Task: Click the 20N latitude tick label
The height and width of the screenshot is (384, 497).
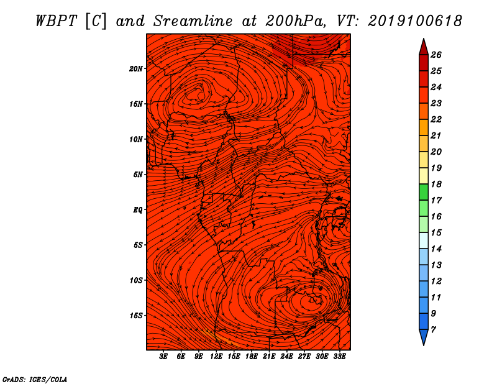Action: pyautogui.click(x=136, y=69)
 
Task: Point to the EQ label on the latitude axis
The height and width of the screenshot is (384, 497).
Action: pyautogui.click(x=137, y=210)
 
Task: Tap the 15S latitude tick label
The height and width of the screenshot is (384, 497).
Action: pyautogui.click(x=136, y=316)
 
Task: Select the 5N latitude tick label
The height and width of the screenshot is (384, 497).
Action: pyautogui.click(x=138, y=175)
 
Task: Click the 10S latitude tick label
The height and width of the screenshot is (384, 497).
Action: pyautogui.click(x=136, y=281)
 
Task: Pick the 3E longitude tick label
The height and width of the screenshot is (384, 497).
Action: pyautogui.click(x=163, y=357)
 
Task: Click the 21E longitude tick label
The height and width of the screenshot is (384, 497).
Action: pyautogui.click(x=269, y=357)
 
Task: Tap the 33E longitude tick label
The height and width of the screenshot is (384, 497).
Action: pyautogui.click(x=339, y=357)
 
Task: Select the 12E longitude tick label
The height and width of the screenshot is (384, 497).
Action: pyautogui.click(x=216, y=357)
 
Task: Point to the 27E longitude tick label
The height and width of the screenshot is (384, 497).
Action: pyautogui.click(x=304, y=357)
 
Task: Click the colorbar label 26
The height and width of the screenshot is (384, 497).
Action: pyautogui.click(x=436, y=55)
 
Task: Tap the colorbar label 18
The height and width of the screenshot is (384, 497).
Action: pyautogui.click(x=436, y=184)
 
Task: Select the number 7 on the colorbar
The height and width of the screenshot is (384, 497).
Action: pyautogui.click(x=433, y=330)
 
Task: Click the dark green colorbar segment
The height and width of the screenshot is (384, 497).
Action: pyautogui.click(x=424, y=192)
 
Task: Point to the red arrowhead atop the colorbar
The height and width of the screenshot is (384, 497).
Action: pyautogui.click(x=424, y=47)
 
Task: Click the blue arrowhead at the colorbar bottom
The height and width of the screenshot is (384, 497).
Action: pyautogui.click(x=424, y=337)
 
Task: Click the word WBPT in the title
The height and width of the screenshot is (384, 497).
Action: pyautogui.click(x=57, y=21)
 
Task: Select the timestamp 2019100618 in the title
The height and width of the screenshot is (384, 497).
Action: pyautogui.click(x=415, y=21)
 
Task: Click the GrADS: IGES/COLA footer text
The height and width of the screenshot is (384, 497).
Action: pyautogui.click(x=35, y=380)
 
